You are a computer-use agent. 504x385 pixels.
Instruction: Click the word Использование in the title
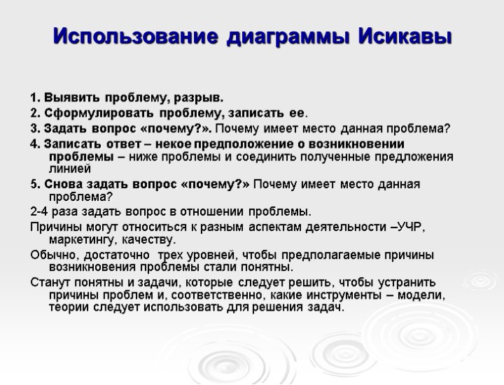click(x=134, y=36)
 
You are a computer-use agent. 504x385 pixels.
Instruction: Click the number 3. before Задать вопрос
click(x=34, y=129)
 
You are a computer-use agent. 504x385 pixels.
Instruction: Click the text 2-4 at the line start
click(x=41, y=212)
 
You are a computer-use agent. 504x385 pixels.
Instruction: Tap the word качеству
click(x=141, y=240)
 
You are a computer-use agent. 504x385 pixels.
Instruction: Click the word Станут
click(x=50, y=283)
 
